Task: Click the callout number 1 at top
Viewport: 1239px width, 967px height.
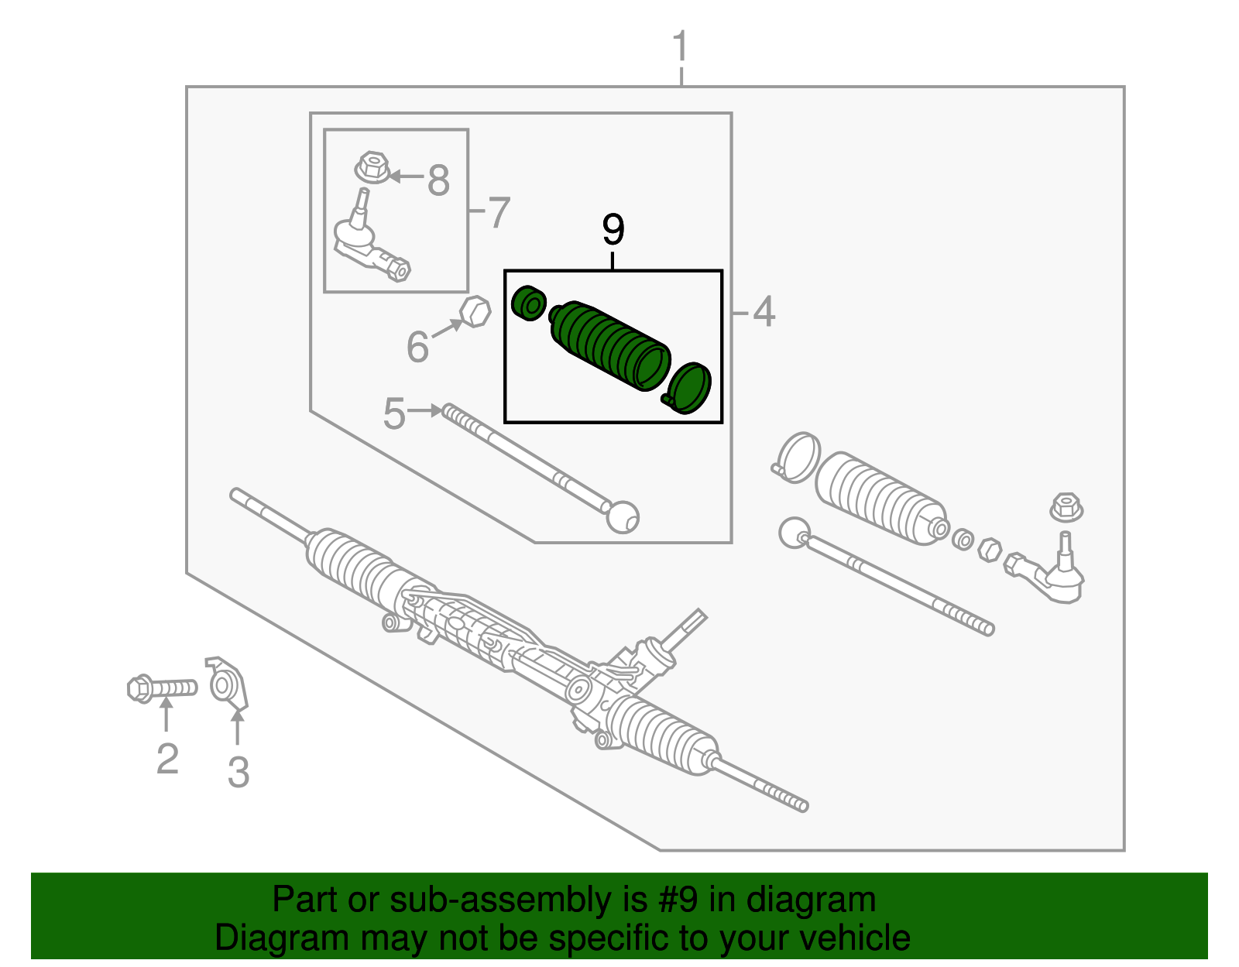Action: (x=680, y=48)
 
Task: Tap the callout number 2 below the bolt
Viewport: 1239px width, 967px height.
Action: (x=167, y=759)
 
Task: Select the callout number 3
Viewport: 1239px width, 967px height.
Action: (x=239, y=772)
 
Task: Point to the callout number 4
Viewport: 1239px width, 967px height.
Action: (x=764, y=312)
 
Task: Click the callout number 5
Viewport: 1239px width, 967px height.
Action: (x=394, y=414)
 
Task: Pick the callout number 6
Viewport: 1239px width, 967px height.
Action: (x=417, y=346)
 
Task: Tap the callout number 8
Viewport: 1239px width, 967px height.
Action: (x=438, y=181)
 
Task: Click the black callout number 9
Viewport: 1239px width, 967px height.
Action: (x=613, y=230)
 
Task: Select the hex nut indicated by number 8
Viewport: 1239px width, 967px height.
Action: (x=372, y=166)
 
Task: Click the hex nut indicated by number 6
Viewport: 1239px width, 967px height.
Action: (x=475, y=311)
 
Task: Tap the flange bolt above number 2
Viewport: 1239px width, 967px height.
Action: (x=161, y=688)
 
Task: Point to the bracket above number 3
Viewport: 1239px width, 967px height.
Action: (x=228, y=684)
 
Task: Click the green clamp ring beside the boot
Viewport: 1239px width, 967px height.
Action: (x=688, y=387)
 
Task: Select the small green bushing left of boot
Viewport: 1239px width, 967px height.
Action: (x=530, y=302)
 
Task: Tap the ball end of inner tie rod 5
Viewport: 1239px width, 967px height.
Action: (x=622, y=516)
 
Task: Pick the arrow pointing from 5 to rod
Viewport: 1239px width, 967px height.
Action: (x=424, y=410)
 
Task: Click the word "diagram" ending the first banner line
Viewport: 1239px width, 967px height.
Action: (x=811, y=900)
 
